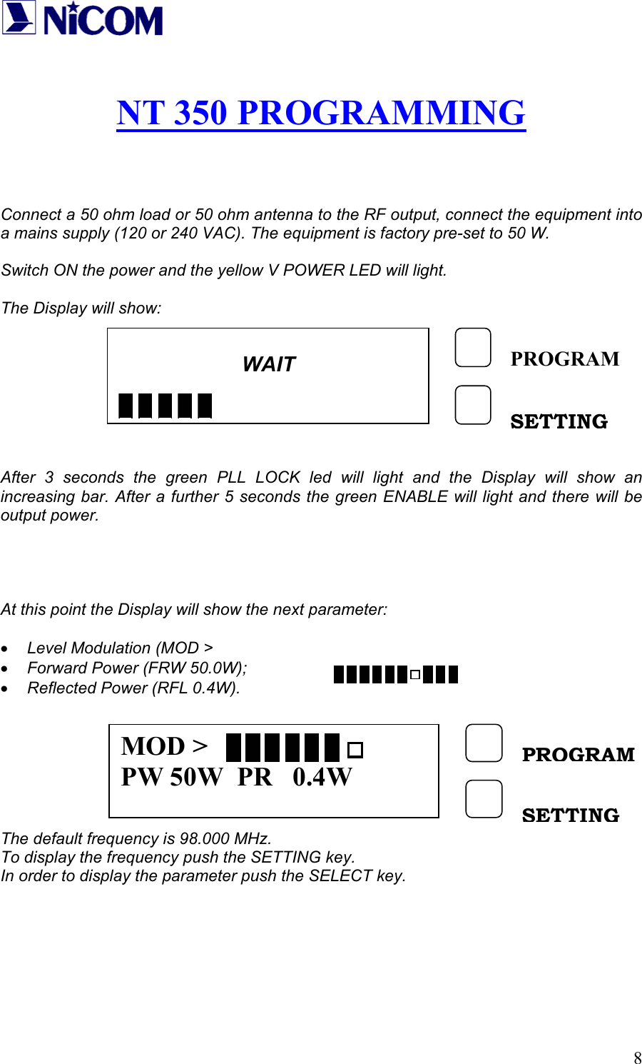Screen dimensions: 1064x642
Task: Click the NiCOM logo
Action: pos(82,19)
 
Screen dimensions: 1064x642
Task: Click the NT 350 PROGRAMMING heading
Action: pos(321,113)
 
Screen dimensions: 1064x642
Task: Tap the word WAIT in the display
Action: pos(268,364)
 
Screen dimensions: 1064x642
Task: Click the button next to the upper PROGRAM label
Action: pos(473,348)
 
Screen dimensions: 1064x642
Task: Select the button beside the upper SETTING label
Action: pos(473,405)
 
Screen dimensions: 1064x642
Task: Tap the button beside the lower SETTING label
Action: pos(484,798)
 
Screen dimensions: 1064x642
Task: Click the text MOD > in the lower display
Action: pos(165,746)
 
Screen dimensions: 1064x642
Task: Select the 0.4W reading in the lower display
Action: pos(322,777)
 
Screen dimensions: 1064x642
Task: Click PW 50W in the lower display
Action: pos(172,777)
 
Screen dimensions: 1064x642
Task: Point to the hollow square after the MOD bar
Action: pos(355,750)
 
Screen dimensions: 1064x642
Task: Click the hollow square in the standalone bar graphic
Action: pos(415,674)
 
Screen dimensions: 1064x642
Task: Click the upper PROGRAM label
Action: pos(565,358)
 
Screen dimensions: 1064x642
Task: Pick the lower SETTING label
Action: pos(571,815)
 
